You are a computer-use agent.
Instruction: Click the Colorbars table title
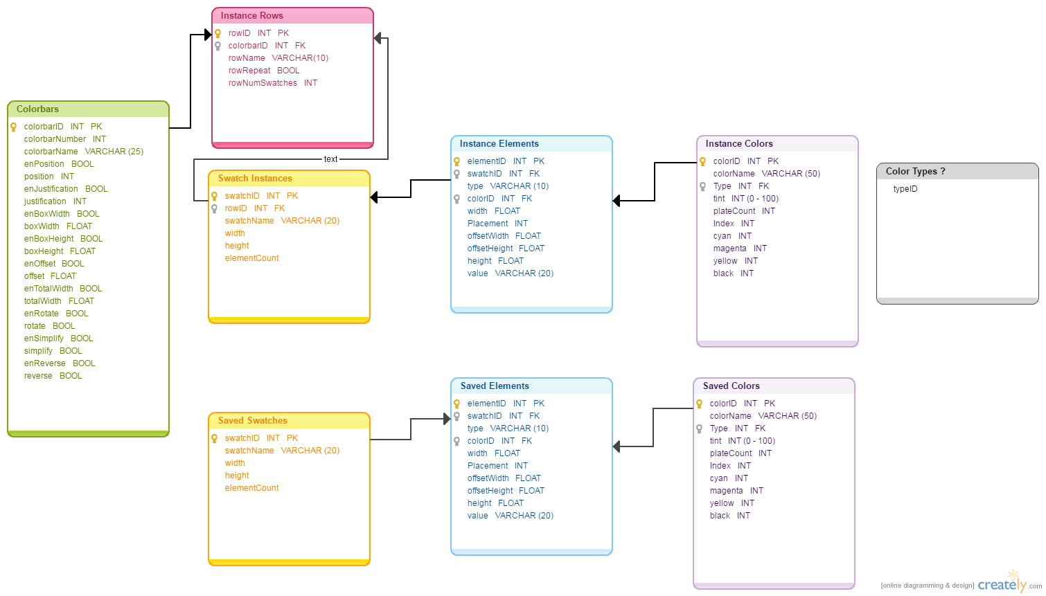(x=37, y=109)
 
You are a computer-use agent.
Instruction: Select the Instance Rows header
(x=251, y=16)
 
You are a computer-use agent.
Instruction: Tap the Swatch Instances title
(x=255, y=179)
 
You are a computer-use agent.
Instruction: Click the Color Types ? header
(x=915, y=172)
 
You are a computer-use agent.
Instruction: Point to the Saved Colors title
(x=731, y=386)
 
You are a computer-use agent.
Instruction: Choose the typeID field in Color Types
(x=905, y=189)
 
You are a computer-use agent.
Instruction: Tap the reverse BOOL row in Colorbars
(x=53, y=376)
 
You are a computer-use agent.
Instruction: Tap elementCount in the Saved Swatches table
(x=251, y=488)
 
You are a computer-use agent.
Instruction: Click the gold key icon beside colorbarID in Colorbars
(x=13, y=127)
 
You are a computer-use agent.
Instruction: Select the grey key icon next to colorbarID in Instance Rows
(x=218, y=46)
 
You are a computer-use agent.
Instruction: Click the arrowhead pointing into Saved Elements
(x=447, y=419)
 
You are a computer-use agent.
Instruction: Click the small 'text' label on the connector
(x=330, y=159)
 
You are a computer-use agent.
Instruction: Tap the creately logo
(x=1002, y=584)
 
